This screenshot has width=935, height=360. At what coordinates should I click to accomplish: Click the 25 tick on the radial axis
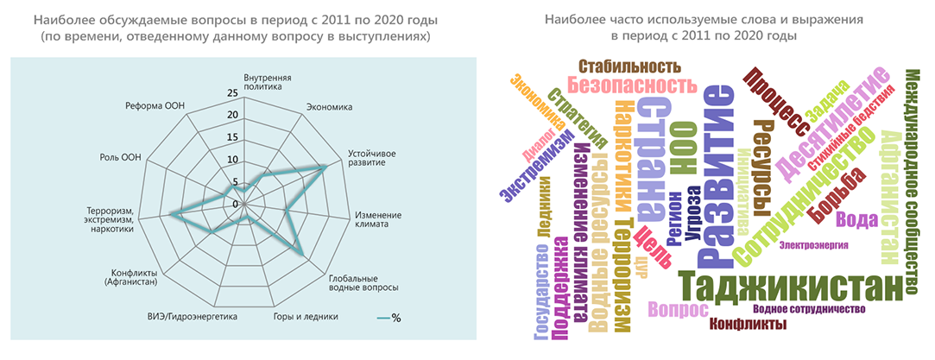coord(231,94)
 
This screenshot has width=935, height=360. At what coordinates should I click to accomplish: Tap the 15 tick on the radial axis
coord(231,138)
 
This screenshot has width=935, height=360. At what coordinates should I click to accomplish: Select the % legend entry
coord(389,318)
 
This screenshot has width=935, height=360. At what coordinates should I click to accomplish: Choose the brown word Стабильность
coord(629,66)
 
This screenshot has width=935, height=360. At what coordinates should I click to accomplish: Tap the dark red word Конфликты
coord(747,325)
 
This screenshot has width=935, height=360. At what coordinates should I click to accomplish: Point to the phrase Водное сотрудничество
coord(809,309)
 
